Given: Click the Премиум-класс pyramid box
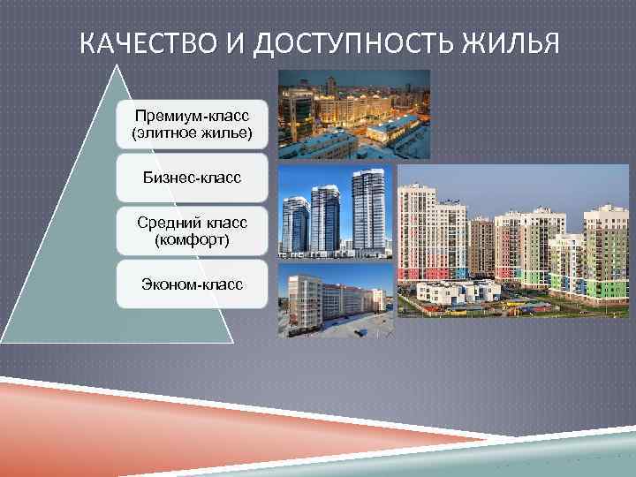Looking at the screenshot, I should pos(192,125).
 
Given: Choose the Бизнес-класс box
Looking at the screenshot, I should pos(192,178).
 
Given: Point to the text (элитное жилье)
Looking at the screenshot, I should pos(192,134).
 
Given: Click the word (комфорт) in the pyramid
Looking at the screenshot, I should pos(192,239).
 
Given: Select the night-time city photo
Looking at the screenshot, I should pos(353,114).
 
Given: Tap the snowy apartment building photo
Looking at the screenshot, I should pos(336,299).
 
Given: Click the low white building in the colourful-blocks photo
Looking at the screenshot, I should pos(459,291).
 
